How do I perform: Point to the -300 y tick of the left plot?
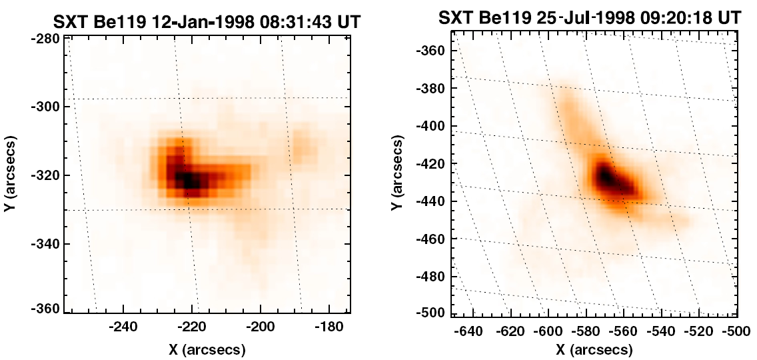pyautogui.click(x=47, y=107)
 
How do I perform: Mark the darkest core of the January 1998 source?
pyautogui.click(x=189, y=179)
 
